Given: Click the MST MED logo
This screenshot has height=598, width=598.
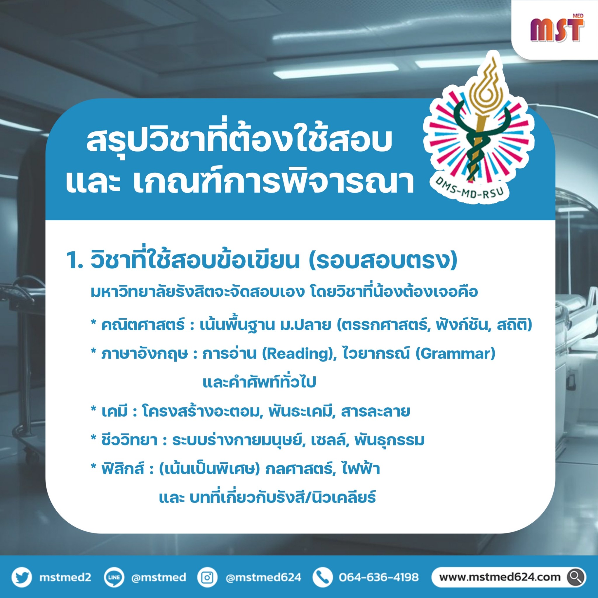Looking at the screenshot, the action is (x=557, y=29).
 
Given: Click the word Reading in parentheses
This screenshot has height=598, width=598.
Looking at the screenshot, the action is (x=299, y=354).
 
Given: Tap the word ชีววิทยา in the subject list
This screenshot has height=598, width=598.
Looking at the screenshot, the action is (x=130, y=440).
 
